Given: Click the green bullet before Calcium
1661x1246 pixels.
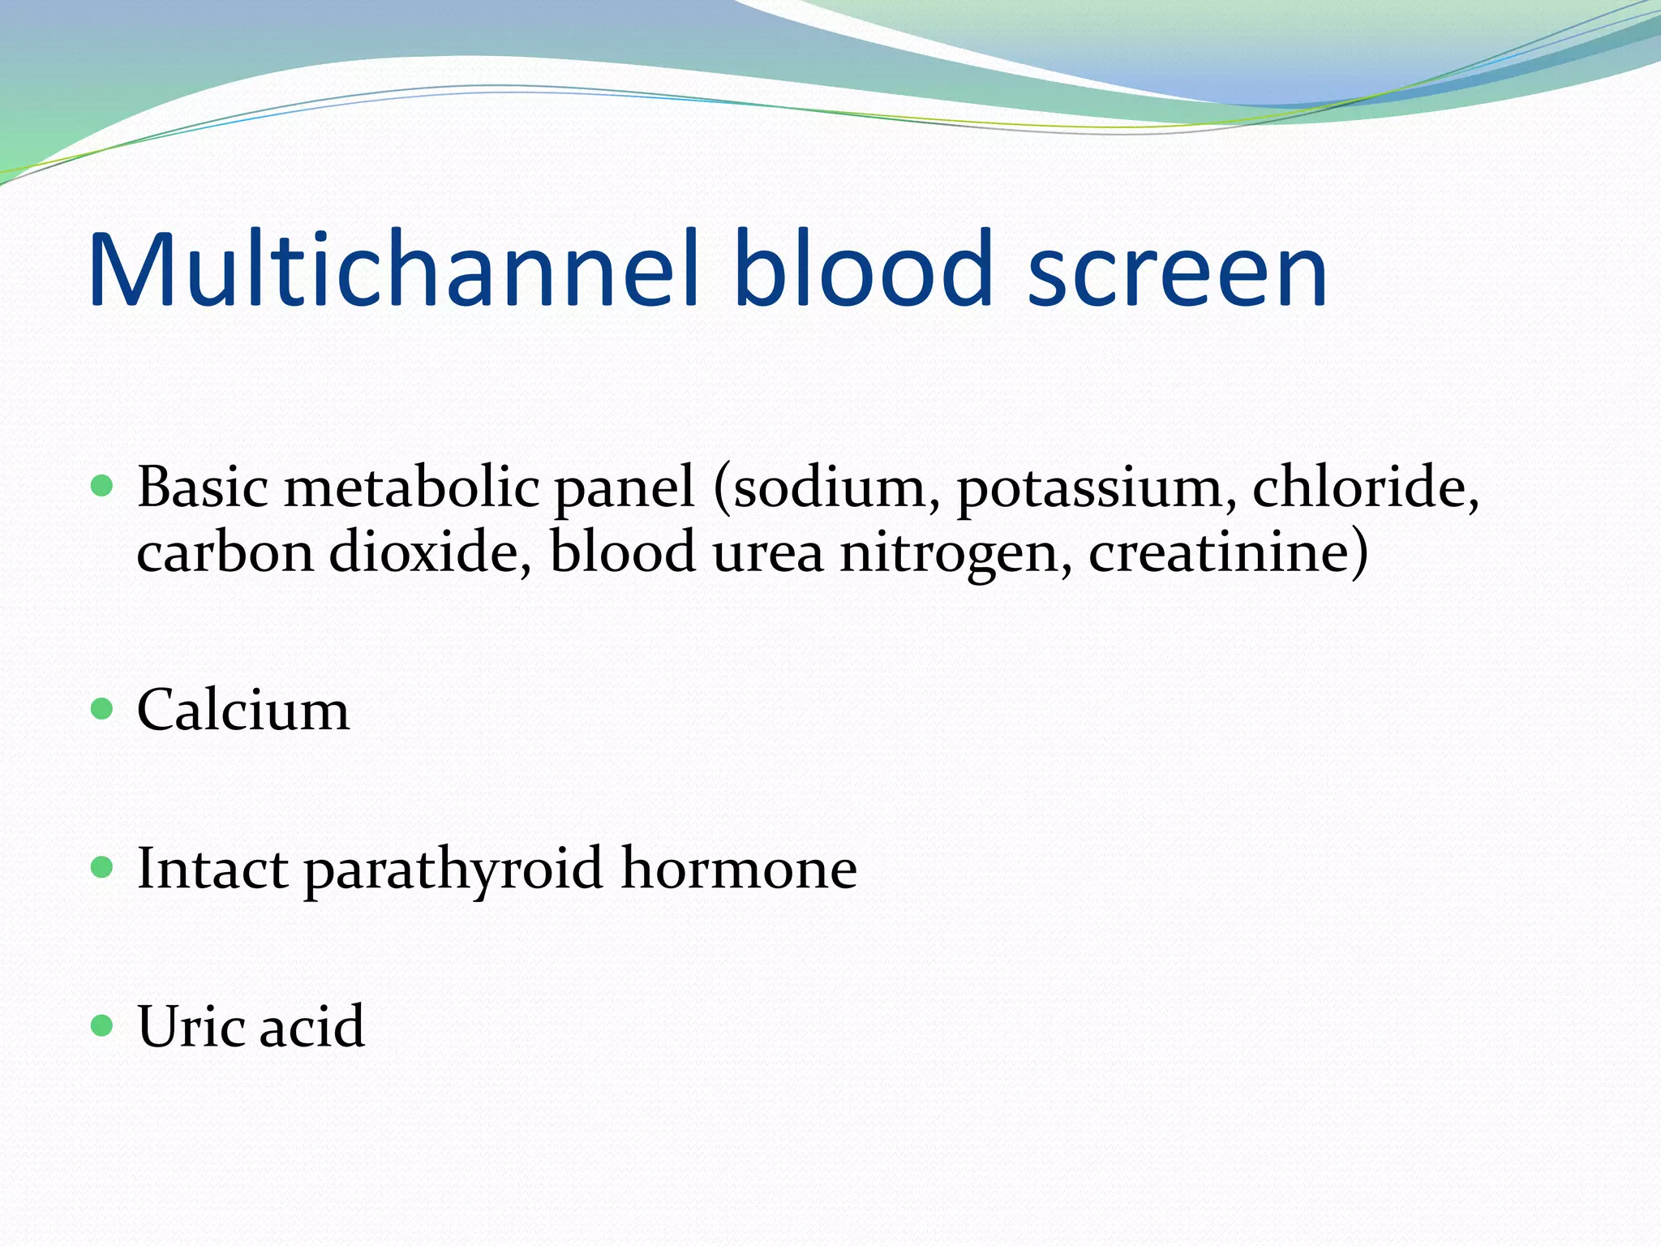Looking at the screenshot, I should coord(102,710).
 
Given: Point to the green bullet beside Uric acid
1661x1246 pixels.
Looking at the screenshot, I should coord(102,1025).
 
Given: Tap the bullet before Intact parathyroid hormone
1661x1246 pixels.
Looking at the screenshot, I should coord(102,868).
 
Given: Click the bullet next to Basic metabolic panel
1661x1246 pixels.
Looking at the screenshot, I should coord(102,486).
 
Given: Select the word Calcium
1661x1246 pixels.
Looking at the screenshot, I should coord(243,710).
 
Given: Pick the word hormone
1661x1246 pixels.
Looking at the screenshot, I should coord(739,868).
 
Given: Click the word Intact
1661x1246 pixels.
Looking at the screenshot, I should coord(212,869).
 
